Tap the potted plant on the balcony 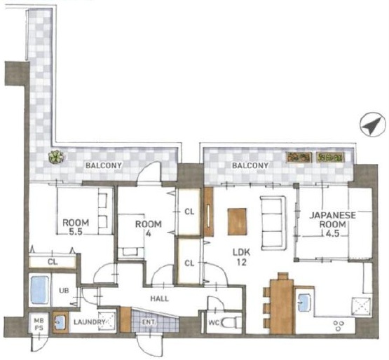[56, 157]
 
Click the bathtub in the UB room [39, 291]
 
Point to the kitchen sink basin [304, 303]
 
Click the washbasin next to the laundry [60, 321]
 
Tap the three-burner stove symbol [339, 325]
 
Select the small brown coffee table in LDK [237, 221]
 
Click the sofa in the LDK [273, 223]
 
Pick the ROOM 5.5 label [76, 227]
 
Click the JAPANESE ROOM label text [332, 220]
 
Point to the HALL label [160, 298]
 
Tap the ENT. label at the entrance [149, 322]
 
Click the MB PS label [39, 324]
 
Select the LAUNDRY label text [89, 322]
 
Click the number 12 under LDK [241, 263]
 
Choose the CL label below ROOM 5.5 [53, 262]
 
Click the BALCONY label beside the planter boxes [250, 165]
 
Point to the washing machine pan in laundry [107, 321]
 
